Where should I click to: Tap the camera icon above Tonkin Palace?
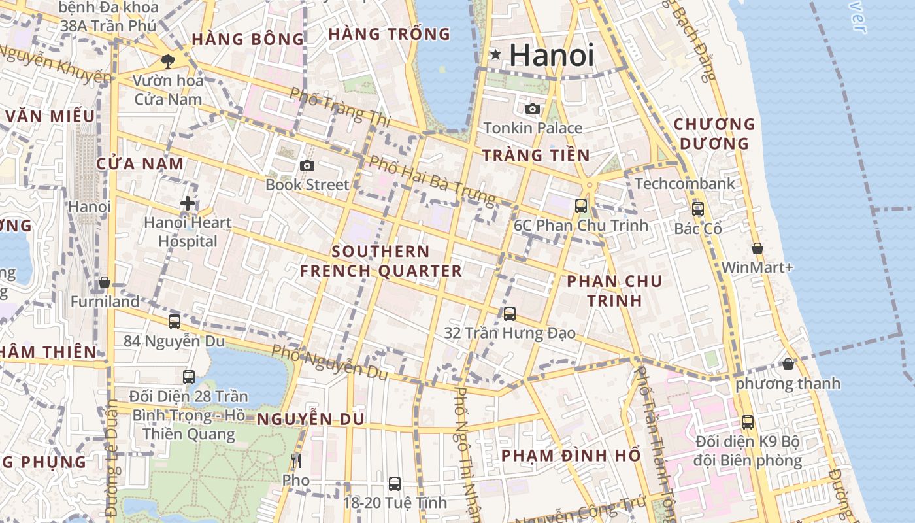coord(533,109)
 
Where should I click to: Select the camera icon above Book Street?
coord(307,166)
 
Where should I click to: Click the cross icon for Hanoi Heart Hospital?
coord(188,203)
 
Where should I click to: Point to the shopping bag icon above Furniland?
coord(105,283)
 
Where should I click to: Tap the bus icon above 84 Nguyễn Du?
coord(175,321)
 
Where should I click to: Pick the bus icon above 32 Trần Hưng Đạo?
coord(510,314)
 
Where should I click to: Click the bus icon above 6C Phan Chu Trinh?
coord(580,206)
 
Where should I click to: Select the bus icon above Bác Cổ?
coord(698,209)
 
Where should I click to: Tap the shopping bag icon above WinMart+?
coord(757,248)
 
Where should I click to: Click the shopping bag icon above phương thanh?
coord(788,364)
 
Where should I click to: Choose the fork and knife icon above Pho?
coord(296,461)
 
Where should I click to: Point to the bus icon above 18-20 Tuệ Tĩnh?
coord(395,483)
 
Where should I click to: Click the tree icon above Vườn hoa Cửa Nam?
coord(168,61)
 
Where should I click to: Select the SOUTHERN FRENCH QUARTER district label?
coord(381,261)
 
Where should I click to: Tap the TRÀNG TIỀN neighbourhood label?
coord(536,155)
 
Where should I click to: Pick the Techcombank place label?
coord(685,184)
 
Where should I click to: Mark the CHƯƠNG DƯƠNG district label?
coord(714,133)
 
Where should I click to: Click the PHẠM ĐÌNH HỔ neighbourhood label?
coord(571,456)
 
